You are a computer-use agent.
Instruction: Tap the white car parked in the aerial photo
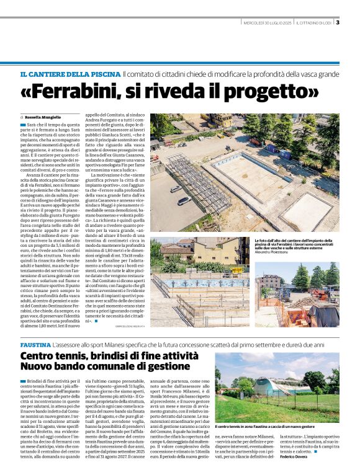point(183,201)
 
